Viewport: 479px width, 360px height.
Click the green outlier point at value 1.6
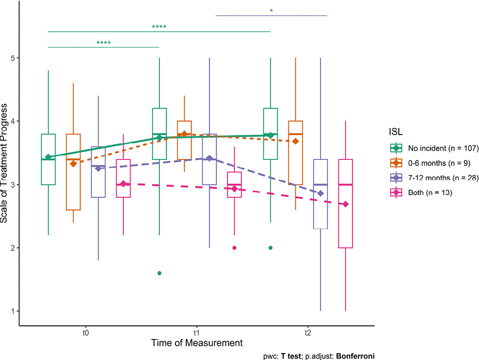(x=159, y=273)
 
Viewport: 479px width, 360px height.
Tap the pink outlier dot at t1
(x=234, y=248)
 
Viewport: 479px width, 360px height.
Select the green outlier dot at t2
(x=270, y=248)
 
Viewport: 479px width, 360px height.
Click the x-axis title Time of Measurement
(x=196, y=343)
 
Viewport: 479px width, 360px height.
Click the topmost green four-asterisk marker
(x=159, y=27)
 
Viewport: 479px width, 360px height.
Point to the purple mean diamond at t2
(x=321, y=193)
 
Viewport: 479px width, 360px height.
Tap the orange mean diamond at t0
(x=73, y=163)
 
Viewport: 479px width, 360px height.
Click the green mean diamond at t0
(x=48, y=157)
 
